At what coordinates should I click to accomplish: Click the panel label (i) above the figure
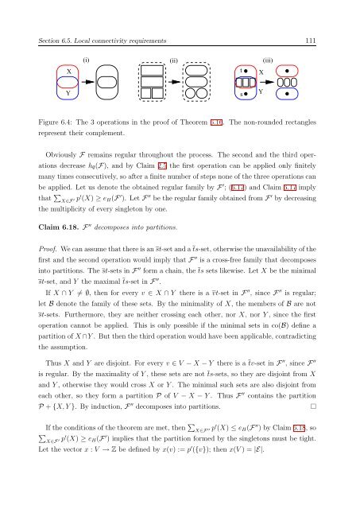point(87,58)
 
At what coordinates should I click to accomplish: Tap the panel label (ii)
point(174,58)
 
